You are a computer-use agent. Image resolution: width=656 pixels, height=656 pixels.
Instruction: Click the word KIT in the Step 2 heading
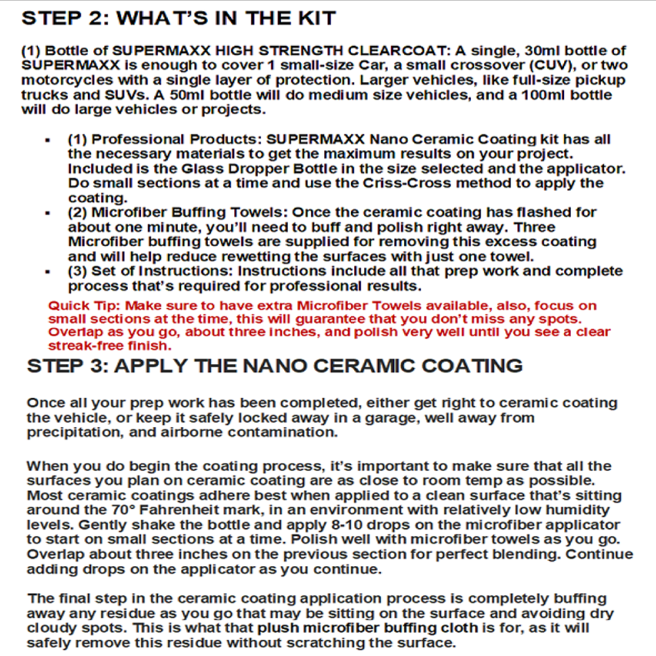click(313, 18)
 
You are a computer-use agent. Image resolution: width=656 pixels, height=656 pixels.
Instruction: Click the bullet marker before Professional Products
click(48, 140)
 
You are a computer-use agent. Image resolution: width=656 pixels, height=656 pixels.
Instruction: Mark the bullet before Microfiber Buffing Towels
click(48, 213)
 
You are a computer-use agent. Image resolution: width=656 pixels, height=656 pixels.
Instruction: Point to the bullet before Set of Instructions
click(48, 272)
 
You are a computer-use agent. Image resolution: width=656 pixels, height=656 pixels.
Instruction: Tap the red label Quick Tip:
click(85, 306)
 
